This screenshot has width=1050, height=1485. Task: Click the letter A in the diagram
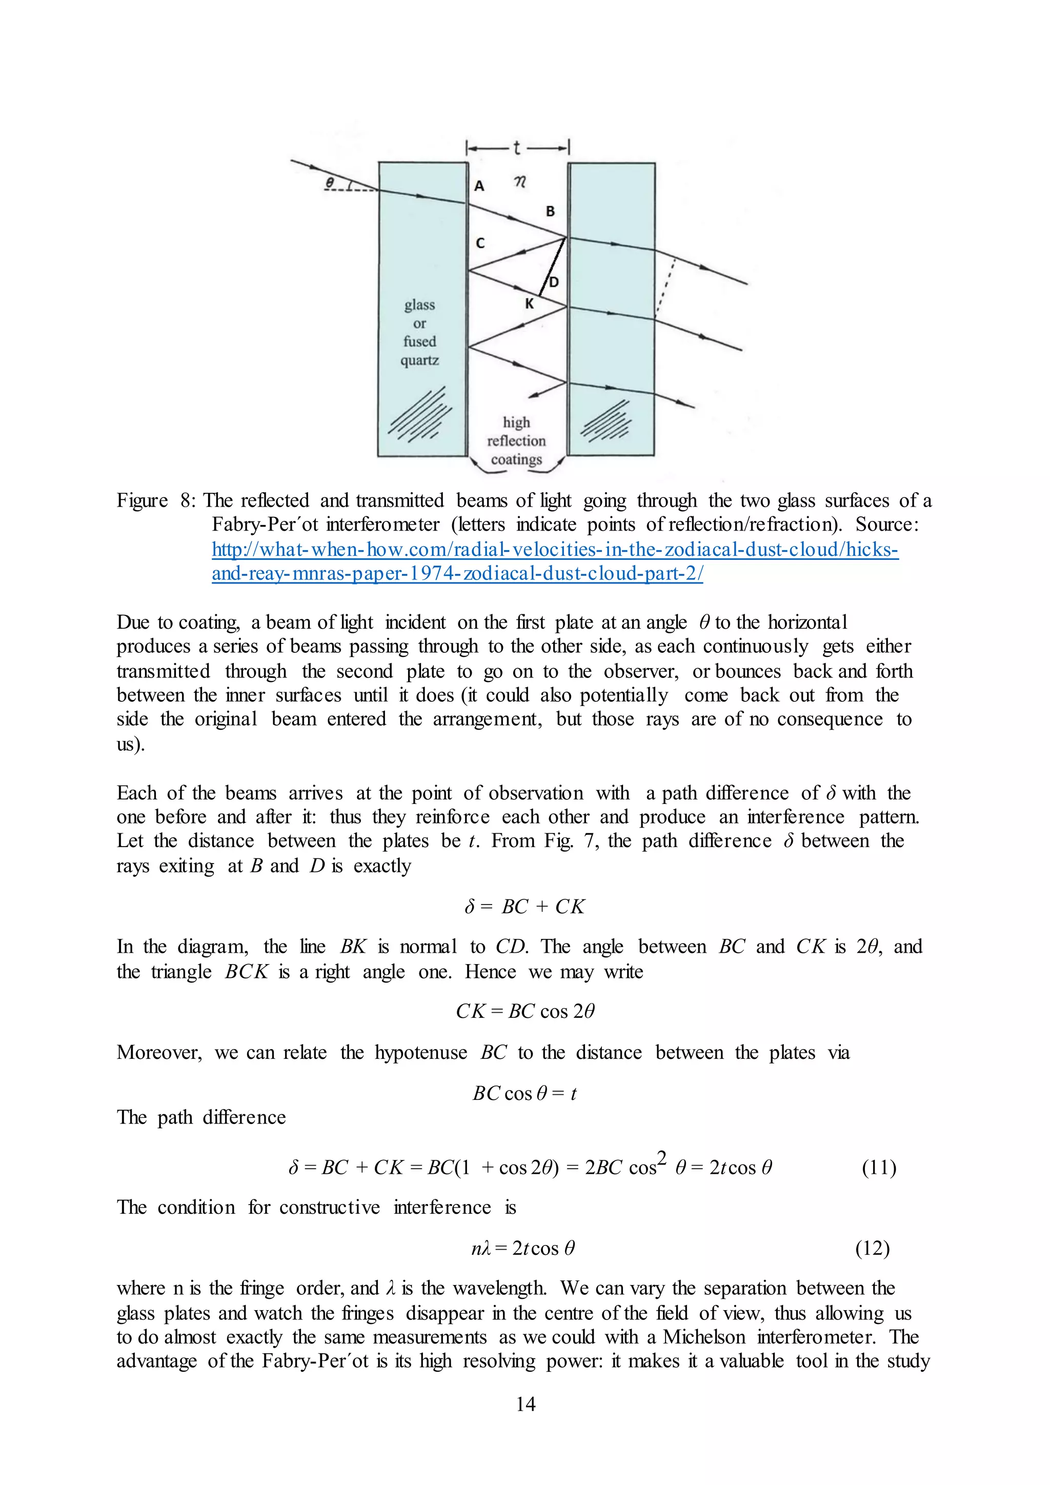pos(479,186)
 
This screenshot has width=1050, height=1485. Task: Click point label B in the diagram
pos(550,211)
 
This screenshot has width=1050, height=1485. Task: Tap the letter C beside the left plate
pos(480,243)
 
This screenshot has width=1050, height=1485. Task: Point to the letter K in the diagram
pos(530,304)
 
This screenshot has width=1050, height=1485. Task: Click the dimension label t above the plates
pos(517,148)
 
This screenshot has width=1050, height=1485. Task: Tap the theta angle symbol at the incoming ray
pos(330,183)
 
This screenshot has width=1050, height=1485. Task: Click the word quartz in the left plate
pos(419,360)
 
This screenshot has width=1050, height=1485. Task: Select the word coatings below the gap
pos(516,459)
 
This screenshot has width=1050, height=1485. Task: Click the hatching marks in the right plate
pos(607,421)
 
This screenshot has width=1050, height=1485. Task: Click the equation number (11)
pos(879,1168)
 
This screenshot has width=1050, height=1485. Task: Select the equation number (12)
pos(872,1248)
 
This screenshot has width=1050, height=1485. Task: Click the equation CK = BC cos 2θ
pos(525,1011)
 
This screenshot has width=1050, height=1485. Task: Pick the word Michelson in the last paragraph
pos(703,1337)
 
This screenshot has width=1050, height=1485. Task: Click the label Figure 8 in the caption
pos(155,500)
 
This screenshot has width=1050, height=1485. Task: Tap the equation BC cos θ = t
pos(524,1093)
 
